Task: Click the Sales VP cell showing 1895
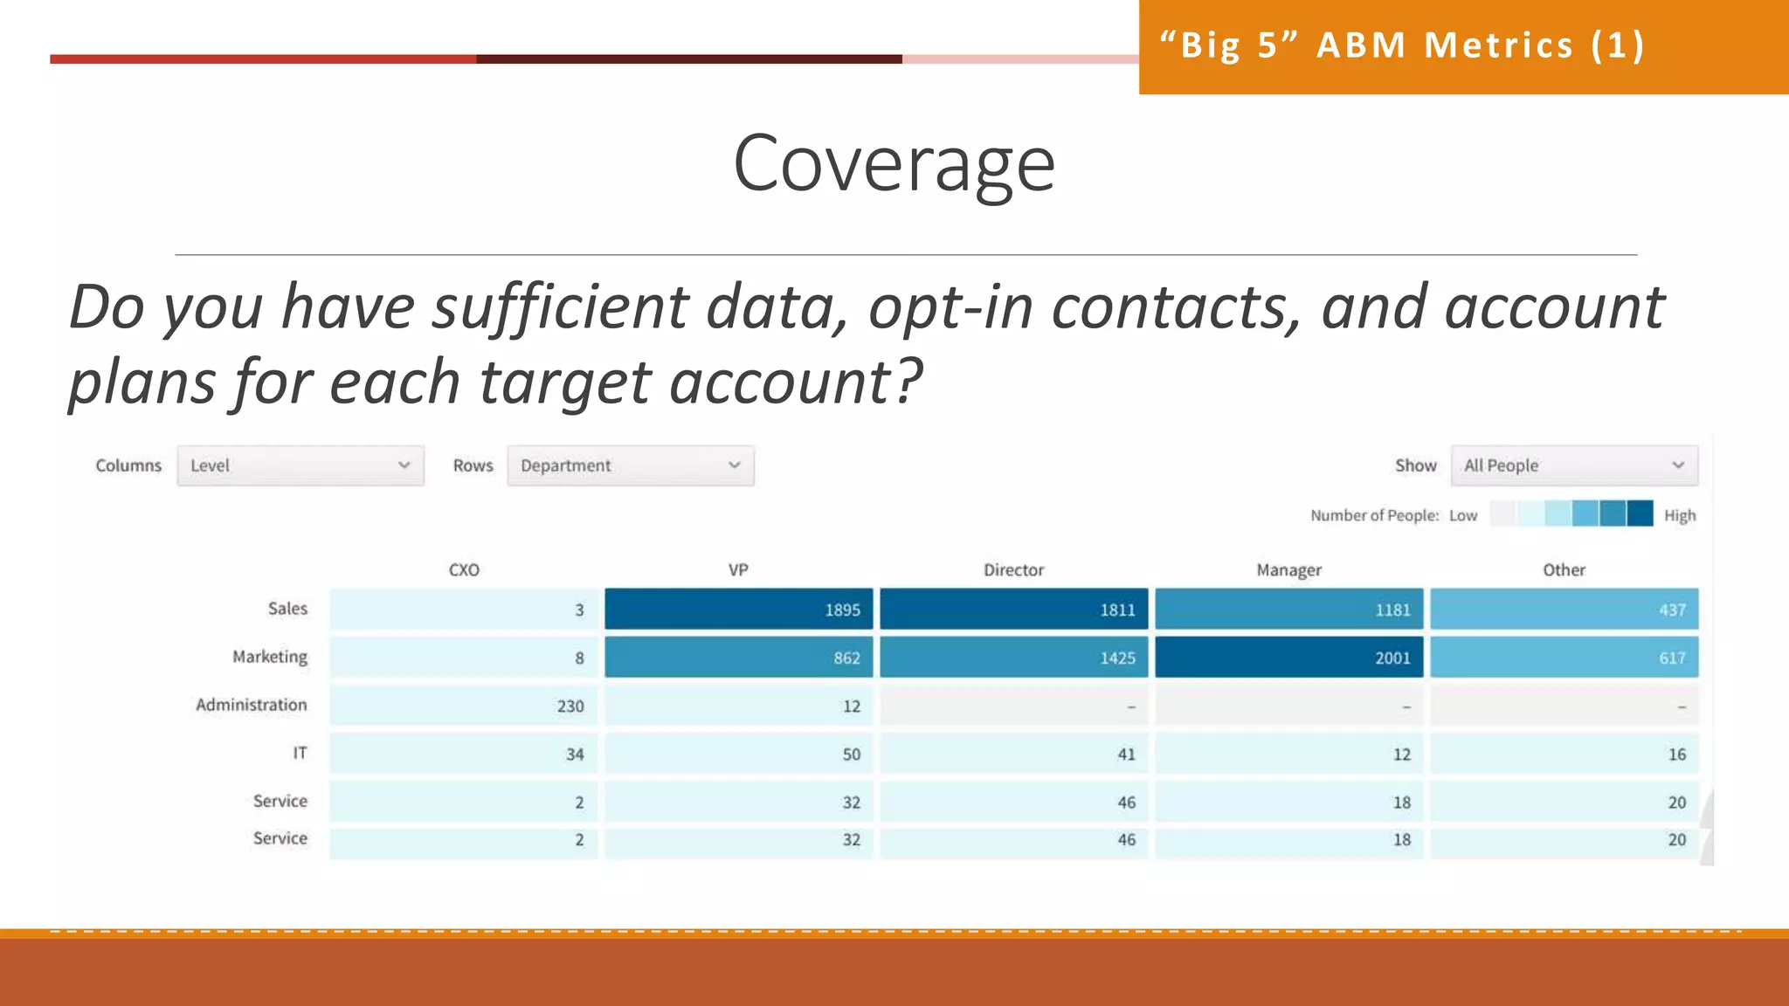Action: (x=738, y=609)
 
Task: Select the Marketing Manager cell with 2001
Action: (x=1288, y=657)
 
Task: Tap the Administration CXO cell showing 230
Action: (x=463, y=705)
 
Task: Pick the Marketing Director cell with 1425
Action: (x=1013, y=657)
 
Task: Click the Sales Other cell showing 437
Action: (x=1564, y=609)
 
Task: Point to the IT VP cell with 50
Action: (x=738, y=753)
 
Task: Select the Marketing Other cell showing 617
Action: (x=1564, y=657)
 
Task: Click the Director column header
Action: (x=1013, y=569)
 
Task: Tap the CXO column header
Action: (x=464, y=569)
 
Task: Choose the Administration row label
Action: (x=252, y=705)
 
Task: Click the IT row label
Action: (x=300, y=753)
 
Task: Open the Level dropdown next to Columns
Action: (x=300, y=465)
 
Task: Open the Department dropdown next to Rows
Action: (x=630, y=465)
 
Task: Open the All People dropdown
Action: (x=1574, y=465)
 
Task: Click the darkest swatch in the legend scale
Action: (x=1640, y=513)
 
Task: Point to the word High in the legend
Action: (x=1679, y=515)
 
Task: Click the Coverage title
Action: (x=894, y=163)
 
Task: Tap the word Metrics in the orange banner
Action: (x=1498, y=45)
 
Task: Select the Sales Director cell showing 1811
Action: (x=1013, y=609)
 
